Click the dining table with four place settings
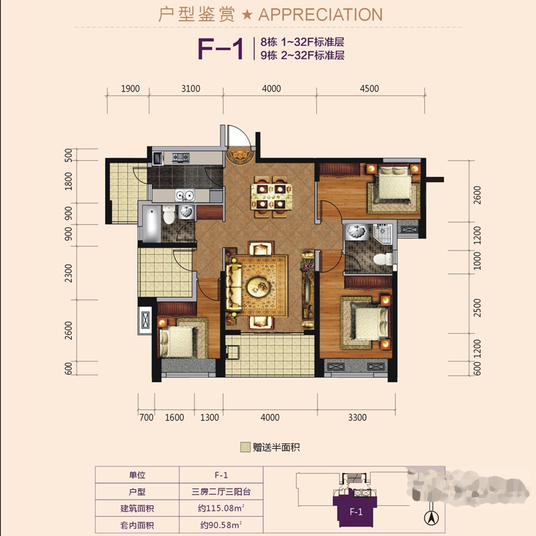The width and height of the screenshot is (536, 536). (271, 196)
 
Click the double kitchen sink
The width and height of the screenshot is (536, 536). (185, 196)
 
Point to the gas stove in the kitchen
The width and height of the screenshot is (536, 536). (180, 157)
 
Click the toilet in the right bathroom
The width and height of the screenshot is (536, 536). (383, 259)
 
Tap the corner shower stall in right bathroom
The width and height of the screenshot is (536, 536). (382, 234)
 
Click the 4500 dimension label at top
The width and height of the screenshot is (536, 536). (369, 88)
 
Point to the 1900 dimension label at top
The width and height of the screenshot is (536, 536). (130, 88)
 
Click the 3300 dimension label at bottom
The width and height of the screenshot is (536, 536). (357, 417)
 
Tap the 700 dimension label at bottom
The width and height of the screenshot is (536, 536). (146, 417)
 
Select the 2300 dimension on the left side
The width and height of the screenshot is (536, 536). (69, 273)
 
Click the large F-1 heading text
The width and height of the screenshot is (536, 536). (221, 49)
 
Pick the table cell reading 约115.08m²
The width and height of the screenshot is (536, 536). (221, 509)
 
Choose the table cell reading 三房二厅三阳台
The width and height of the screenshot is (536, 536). (221, 492)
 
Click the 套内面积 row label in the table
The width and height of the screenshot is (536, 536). (137, 525)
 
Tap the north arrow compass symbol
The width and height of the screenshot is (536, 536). (431, 517)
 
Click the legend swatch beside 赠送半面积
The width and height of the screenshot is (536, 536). (245, 447)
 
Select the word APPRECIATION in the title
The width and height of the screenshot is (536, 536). (320, 15)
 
